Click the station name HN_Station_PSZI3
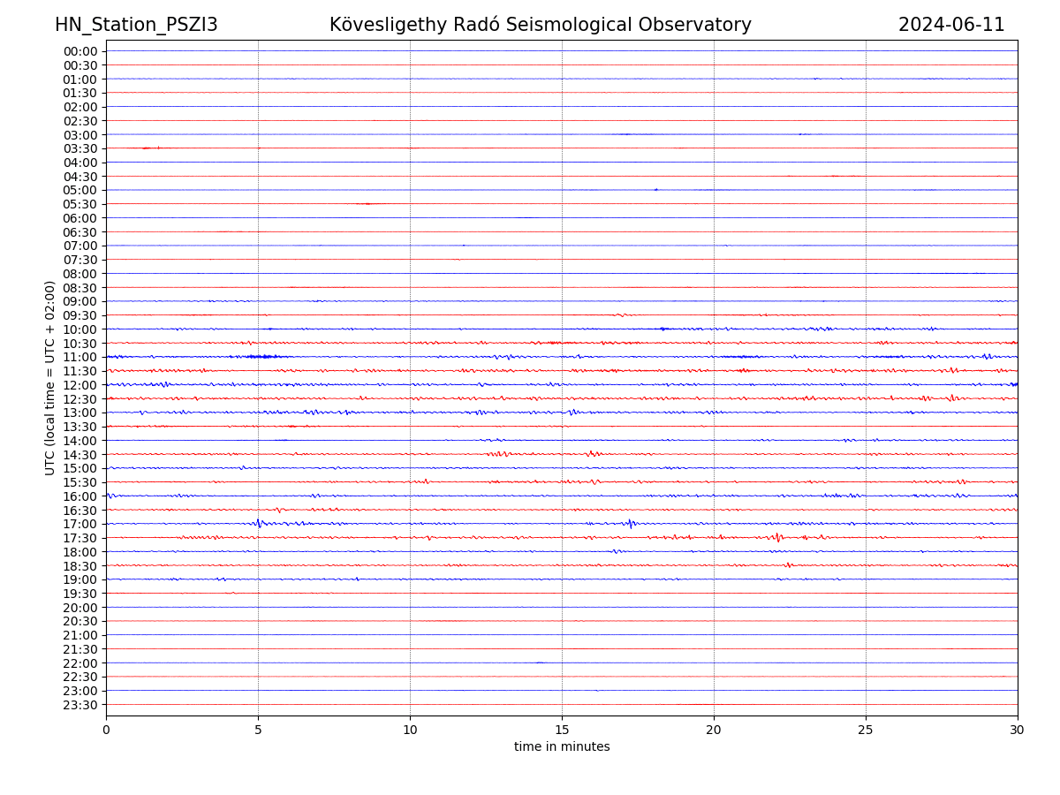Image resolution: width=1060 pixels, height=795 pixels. point(136,25)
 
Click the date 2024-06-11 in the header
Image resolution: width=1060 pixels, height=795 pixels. point(951,25)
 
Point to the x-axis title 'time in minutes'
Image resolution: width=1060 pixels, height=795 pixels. point(562,747)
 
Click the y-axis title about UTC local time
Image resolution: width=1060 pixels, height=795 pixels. point(50,378)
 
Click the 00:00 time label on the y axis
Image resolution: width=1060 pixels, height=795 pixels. point(80,51)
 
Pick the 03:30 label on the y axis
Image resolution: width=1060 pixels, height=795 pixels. point(80,148)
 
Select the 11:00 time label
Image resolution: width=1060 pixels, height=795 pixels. point(80,357)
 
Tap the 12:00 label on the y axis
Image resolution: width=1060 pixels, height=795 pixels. point(80,385)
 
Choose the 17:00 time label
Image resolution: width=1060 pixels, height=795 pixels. point(80,524)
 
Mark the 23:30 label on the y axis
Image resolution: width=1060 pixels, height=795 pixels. point(80,705)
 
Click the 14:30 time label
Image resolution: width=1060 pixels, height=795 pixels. point(80,454)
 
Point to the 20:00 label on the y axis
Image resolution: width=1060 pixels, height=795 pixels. point(80,608)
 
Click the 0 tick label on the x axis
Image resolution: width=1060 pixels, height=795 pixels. point(106,731)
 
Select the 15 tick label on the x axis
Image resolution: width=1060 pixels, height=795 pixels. point(562,731)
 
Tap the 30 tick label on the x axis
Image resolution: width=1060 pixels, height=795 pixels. point(1018,731)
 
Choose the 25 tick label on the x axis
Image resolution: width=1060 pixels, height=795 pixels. point(866,731)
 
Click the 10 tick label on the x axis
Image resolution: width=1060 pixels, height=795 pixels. point(410,731)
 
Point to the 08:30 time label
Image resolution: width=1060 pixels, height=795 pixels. point(80,288)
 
